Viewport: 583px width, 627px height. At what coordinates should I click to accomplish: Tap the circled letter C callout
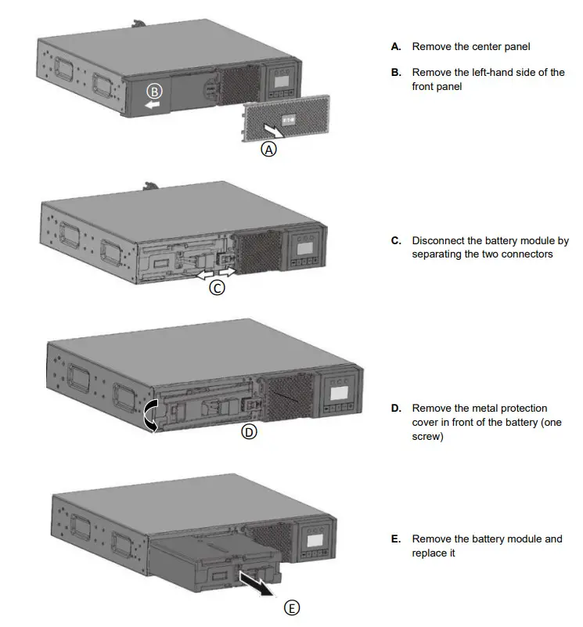(x=218, y=287)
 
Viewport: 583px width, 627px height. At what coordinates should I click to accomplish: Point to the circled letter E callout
(x=292, y=607)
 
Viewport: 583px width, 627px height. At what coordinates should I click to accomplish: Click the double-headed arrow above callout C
(x=215, y=272)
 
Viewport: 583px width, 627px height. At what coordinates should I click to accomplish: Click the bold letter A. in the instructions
(x=397, y=47)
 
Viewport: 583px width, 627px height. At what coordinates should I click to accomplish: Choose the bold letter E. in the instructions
(x=397, y=539)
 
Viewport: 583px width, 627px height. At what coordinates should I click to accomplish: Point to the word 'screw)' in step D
(x=427, y=437)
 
